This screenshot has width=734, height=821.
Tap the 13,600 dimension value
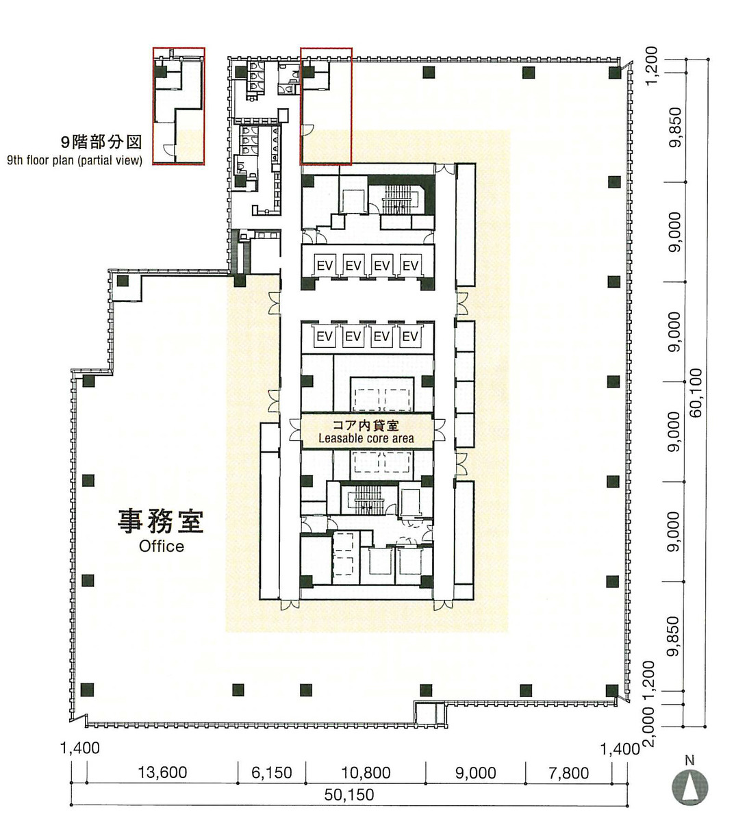point(162,772)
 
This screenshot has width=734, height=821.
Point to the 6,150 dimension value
point(271,772)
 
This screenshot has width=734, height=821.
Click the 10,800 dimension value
point(366,772)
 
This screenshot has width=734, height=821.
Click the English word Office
point(162,546)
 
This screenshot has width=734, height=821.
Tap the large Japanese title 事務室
point(161,521)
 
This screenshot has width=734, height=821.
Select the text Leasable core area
point(366,438)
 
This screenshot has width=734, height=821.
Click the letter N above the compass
point(689,759)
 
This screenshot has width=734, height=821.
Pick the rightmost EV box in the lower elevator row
point(409,336)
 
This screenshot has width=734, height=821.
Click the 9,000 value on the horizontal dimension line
point(475,772)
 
